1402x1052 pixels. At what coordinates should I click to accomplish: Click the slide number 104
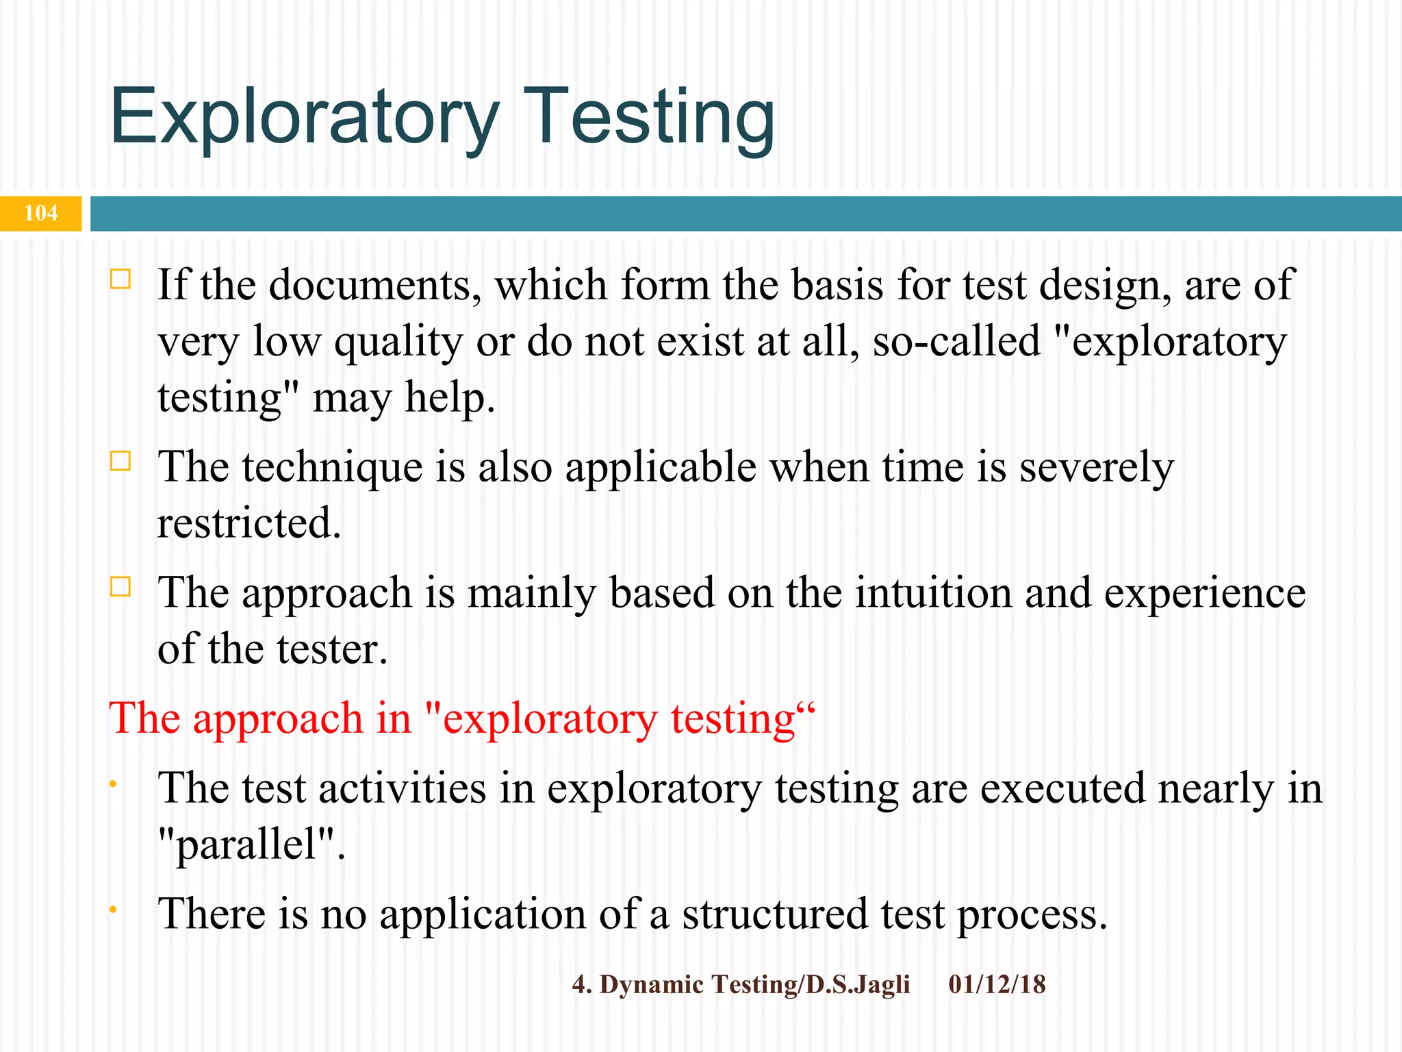pyautogui.click(x=40, y=213)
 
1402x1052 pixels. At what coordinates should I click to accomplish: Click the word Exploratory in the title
pyautogui.click(x=305, y=118)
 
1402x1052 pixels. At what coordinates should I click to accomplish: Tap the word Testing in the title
pyautogui.click(x=652, y=118)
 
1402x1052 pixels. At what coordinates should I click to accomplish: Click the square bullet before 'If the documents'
pyautogui.click(x=120, y=279)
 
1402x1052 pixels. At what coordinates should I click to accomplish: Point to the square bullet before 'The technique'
pyautogui.click(x=120, y=461)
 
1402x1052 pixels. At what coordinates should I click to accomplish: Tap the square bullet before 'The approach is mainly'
pyautogui.click(x=120, y=587)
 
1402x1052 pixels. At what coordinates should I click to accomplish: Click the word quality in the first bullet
pyautogui.click(x=398, y=342)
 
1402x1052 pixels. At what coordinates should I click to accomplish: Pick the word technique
pyautogui.click(x=331, y=468)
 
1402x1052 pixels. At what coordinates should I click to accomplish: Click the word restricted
pyautogui.click(x=248, y=523)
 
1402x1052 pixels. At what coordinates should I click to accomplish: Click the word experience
pyautogui.click(x=1204, y=594)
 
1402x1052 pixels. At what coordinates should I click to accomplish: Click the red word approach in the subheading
pyautogui.click(x=278, y=720)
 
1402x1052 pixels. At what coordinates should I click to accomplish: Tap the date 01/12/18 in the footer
pyautogui.click(x=997, y=984)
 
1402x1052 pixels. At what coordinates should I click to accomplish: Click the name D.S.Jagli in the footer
pyautogui.click(x=858, y=985)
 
